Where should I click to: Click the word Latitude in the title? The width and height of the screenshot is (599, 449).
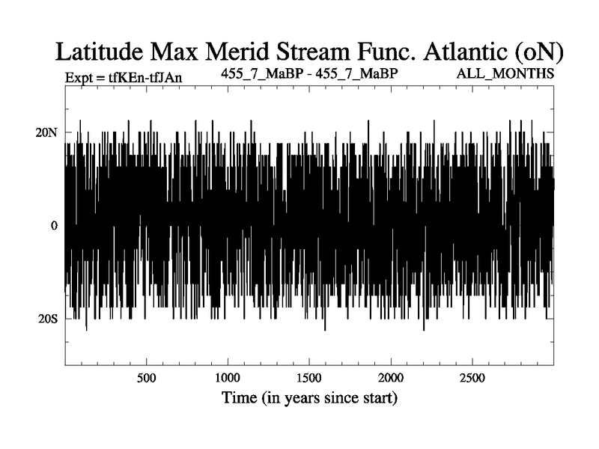[x=100, y=52]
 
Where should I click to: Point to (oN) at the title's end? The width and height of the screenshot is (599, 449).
[x=538, y=52]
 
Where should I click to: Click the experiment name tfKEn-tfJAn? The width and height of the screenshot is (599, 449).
[x=145, y=78]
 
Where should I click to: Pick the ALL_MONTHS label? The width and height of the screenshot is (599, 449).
[x=505, y=73]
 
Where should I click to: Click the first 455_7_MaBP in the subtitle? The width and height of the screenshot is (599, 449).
[x=262, y=73]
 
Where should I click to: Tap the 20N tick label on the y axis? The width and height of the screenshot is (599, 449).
[x=46, y=132]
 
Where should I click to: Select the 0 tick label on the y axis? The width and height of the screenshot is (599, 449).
[x=54, y=226]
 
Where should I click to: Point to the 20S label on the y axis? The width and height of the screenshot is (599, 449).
[x=47, y=319]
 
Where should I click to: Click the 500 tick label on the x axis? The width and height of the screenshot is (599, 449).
[x=146, y=378]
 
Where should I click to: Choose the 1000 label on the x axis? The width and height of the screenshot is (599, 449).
[x=228, y=378]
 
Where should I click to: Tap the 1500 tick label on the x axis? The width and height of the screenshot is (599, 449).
[x=309, y=378]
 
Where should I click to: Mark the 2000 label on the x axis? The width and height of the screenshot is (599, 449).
[x=391, y=378]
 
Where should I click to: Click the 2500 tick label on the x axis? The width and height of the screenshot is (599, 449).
[x=472, y=378]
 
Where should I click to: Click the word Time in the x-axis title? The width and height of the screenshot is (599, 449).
[x=239, y=397]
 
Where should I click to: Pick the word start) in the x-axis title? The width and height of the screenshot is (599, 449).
[x=377, y=398]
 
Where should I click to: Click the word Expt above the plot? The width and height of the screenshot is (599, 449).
[x=79, y=78]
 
